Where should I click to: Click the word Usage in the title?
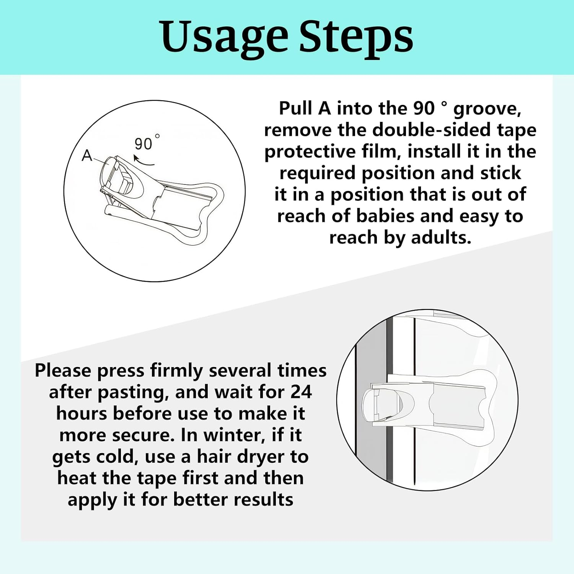[x=224, y=37]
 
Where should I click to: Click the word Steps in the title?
[x=356, y=37]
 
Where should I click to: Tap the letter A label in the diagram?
[x=87, y=156]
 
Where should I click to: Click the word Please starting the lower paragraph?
[x=63, y=371]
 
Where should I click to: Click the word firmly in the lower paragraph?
[x=176, y=371]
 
